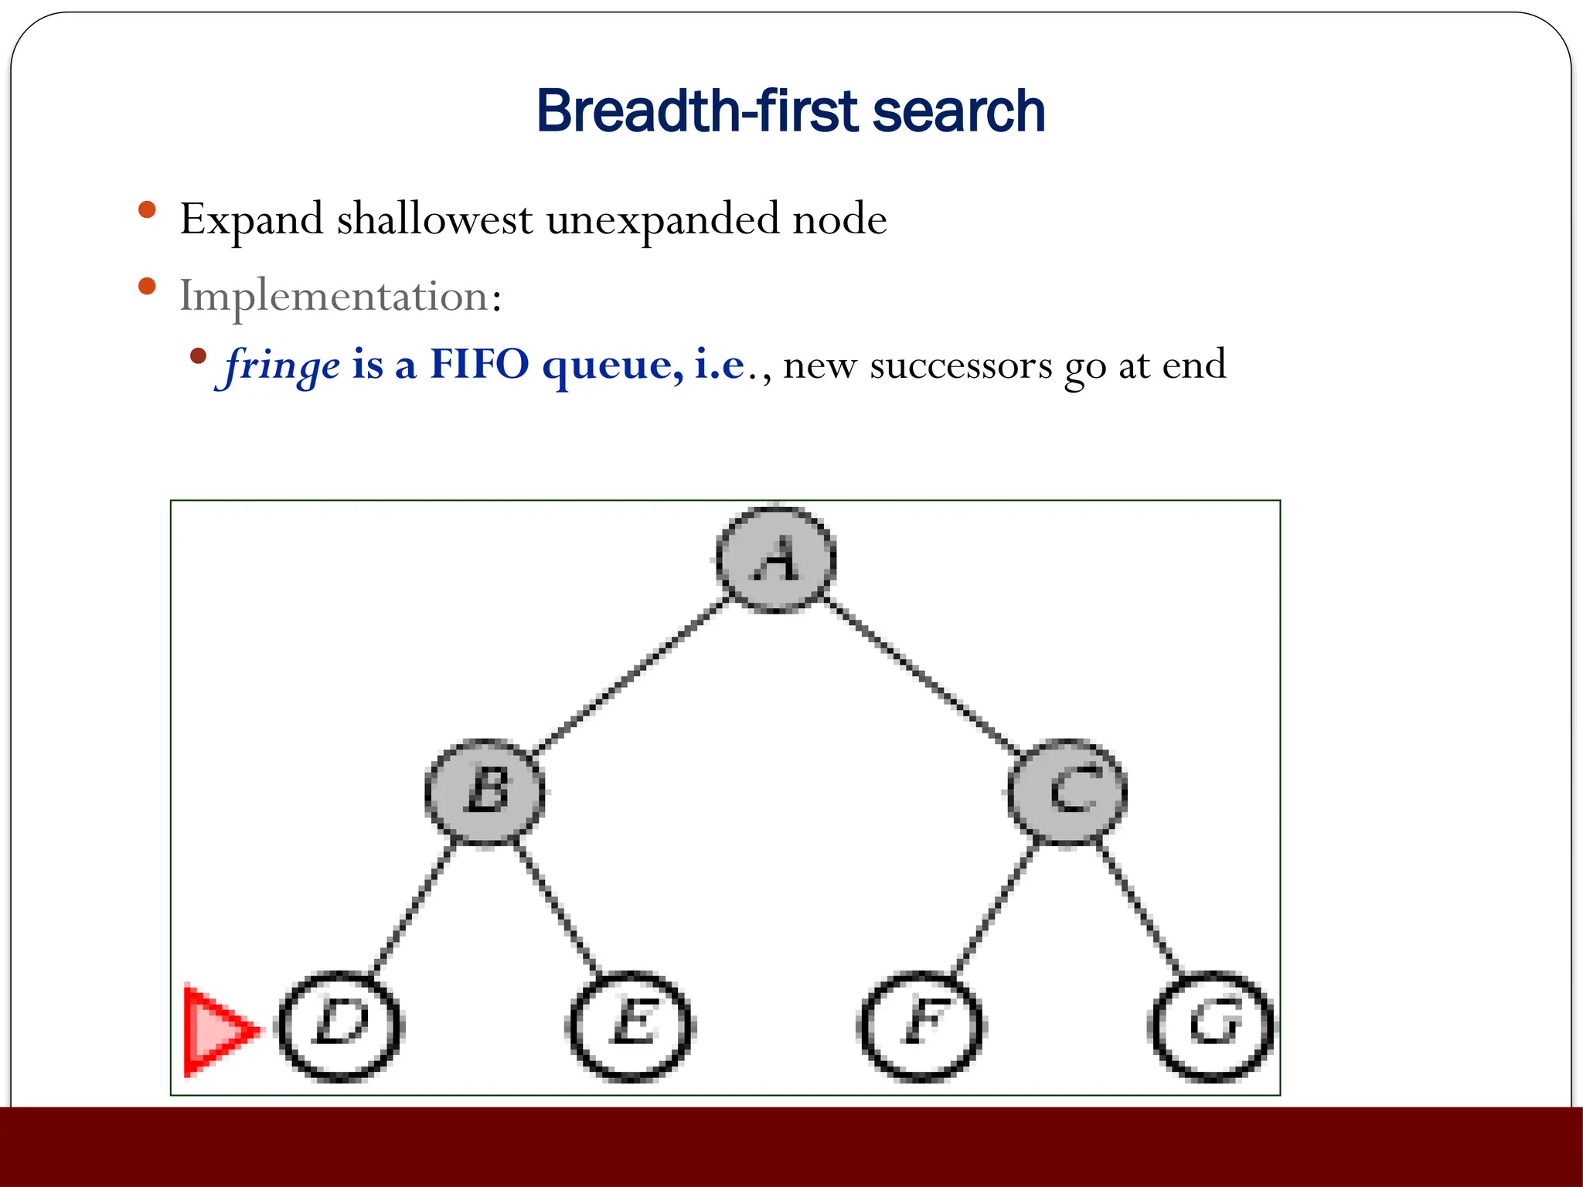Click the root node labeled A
(775, 558)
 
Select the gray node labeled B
(485, 792)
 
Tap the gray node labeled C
(1067, 792)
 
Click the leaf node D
(340, 1026)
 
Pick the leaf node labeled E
(631, 1026)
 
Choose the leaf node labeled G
(1212, 1026)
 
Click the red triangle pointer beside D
(216, 1031)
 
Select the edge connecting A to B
(630, 675)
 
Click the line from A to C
(922, 675)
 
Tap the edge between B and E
(557, 909)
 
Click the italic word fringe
(282, 365)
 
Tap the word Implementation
(334, 296)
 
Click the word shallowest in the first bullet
(434, 219)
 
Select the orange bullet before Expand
(147, 210)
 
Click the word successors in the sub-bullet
(961, 365)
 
